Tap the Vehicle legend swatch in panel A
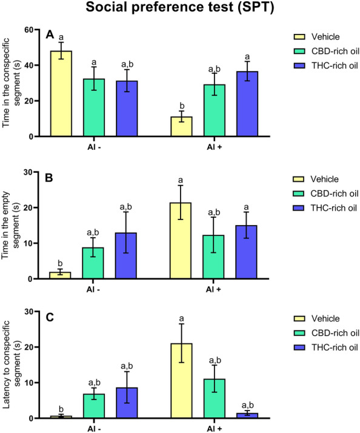click(x=280, y=36)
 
